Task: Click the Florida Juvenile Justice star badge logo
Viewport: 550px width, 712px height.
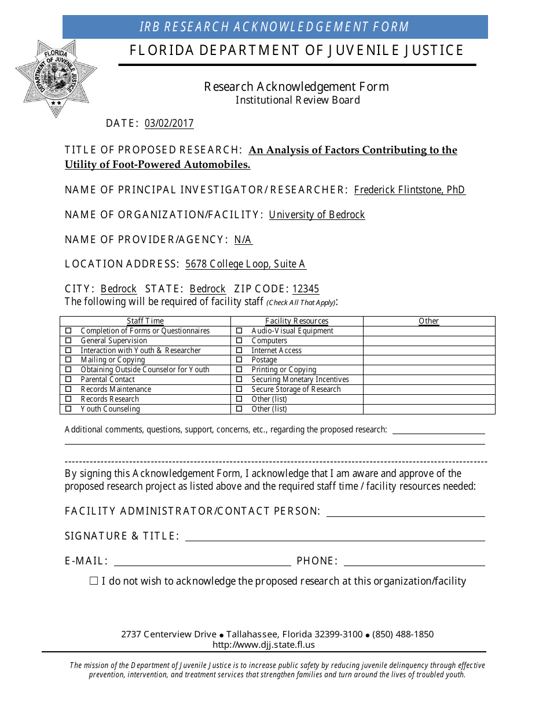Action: pyautogui.click(x=56, y=78)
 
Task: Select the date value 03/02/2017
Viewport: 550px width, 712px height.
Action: pyautogui.click(x=169, y=123)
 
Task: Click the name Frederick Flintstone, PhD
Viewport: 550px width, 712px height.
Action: pyautogui.click(x=409, y=190)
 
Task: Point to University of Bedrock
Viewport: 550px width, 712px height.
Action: pyautogui.click(x=317, y=215)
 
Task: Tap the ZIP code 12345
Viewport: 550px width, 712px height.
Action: pyautogui.click(x=306, y=289)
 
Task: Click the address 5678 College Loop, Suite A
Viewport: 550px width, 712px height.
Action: pyautogui.click(x=245, y=264)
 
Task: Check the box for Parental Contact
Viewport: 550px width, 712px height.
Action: pyautogui.click(x=68, y=380)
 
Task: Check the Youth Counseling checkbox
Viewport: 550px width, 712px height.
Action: pyautogui.click(x=68, y=409)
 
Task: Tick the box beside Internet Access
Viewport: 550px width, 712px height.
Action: pyautogui.click(x=239, y=350)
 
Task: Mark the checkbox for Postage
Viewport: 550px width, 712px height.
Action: pyautogui.click(x=239, y=360)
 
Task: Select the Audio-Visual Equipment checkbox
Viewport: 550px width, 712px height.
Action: pyautogui.click(x=239, y=331)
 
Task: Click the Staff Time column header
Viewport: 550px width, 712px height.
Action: pyautogui.click(x=145, y=321)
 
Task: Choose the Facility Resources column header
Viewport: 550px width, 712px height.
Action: pyautogui.click(x=296, y=321)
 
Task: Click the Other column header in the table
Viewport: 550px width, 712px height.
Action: pyautogui.click(x=428, y=321)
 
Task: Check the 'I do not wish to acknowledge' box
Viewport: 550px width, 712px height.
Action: pyautogui.click(x=94, y=581)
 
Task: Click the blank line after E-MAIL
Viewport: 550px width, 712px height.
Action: pyautogui.click(x=203, y=561)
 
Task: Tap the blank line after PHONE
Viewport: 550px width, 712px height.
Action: pyautogui.click(x=414, y=561)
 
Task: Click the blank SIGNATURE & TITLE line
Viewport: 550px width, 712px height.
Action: pyautogui.click(x=335, y=536)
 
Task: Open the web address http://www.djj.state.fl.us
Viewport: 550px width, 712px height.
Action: pyautogui.click(x=263, y=645)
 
